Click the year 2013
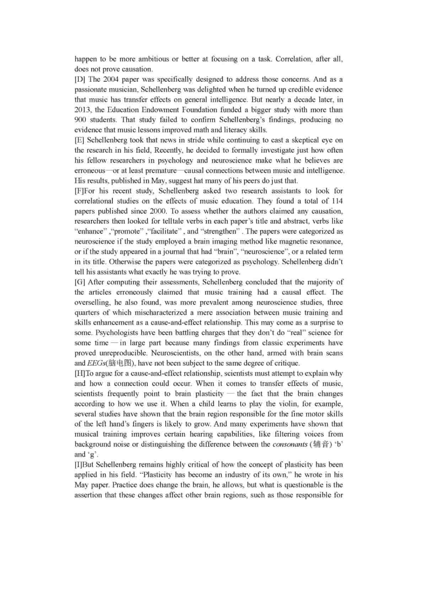coord(82,110)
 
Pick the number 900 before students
coord(81,120)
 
